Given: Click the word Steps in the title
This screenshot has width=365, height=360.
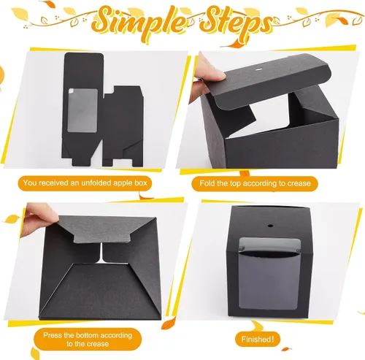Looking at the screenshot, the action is point(236,23).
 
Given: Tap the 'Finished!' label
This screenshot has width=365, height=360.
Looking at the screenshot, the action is point(258,339).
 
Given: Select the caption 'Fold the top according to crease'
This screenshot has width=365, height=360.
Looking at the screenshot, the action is point(255,183).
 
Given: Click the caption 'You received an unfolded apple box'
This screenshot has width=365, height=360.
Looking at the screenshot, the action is point(85,183).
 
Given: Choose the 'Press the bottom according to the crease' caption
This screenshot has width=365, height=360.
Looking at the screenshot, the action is point(88,340).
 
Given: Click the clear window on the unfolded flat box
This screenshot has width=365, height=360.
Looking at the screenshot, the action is point(82,110).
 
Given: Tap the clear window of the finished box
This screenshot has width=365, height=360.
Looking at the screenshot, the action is point(269,274).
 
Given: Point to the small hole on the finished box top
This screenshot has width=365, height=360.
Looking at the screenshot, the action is point(270,226).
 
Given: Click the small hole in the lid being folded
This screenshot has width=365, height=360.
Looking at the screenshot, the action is point(258,70).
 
